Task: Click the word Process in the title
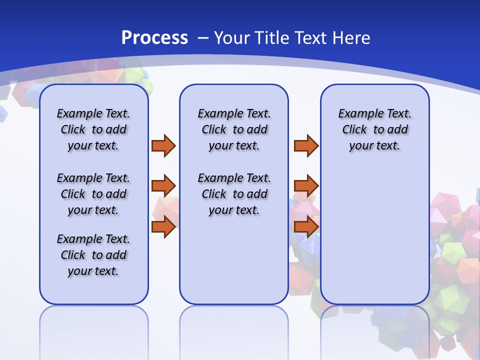pos(154,38)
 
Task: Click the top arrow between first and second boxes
pos(163,145)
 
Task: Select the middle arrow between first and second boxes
pos(163,186)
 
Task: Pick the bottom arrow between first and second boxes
pos(163,227)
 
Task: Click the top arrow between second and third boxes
pos(306,145)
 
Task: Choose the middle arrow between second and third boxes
pos(306,186)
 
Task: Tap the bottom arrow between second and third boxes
pos(306,227)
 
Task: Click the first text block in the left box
pos(93,129)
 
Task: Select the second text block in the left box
pos(93,194)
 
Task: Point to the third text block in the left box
pos(93,255)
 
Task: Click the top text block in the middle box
pos(234,129)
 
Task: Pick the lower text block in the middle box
pos(234,194)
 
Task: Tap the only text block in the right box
pos(374,129)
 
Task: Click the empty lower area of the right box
pos(374,235)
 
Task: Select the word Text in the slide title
pos(311,38)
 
